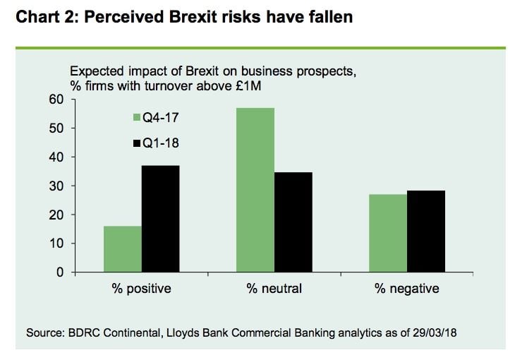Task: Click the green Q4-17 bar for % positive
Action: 122,249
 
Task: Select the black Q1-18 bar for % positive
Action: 161,219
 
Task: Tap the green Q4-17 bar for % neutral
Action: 255,190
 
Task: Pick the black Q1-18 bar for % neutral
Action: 293,222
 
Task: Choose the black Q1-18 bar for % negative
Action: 426,231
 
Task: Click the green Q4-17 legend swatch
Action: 136,117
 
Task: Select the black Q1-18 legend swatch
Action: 136,143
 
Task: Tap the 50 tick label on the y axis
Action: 56,128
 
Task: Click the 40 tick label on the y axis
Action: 56,157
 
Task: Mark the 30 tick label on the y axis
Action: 56,186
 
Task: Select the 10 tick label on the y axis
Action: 56,244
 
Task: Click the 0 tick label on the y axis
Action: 60,272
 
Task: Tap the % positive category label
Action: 142,289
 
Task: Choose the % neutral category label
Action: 274,289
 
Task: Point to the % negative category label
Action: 407,289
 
